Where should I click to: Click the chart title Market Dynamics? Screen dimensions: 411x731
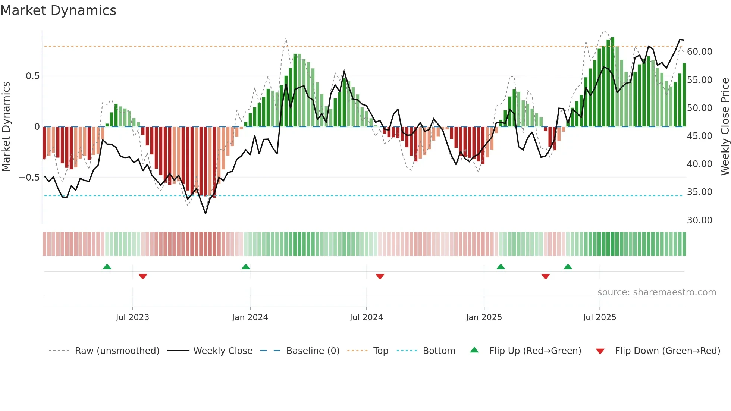pyautogui.click(x=58, y=10)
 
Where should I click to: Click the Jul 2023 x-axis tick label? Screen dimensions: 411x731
pyautogui.click(x=132, y=317)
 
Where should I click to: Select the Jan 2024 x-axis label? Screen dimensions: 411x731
pyautogui.click(x=250, y=317)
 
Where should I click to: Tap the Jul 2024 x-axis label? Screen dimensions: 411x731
pyautogui.click(x=366, y=317)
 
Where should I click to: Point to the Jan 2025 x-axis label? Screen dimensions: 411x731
pyautogui.click(x=483, y=317)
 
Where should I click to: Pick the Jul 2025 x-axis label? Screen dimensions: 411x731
pyautogui.click(x=599, y=317)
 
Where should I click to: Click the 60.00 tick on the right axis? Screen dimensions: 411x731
pyautogui.click(x=699, y=52)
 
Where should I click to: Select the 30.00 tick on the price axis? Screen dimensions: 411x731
pyautogui.click(x=699, y=220)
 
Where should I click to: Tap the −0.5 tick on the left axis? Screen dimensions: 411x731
pyautogui.click(x=29, y=178)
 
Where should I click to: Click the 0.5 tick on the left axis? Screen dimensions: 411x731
pyautogui.click(x=32, y=76)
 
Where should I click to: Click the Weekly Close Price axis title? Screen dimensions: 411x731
pyautogui.click(x=725, y=126)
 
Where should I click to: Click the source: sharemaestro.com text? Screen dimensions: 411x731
pyautogui.click(x=656, y=292)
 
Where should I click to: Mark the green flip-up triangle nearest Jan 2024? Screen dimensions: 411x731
pyautogui.click(x=245, y=267)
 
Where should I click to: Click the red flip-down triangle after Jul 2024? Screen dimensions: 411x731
pyautogui.click(x=380, y=276)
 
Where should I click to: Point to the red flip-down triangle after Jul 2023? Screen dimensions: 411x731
pyautogui.click(x=142, y=276)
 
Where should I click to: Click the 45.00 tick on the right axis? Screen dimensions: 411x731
pyautogui.click(x=699, y=136)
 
